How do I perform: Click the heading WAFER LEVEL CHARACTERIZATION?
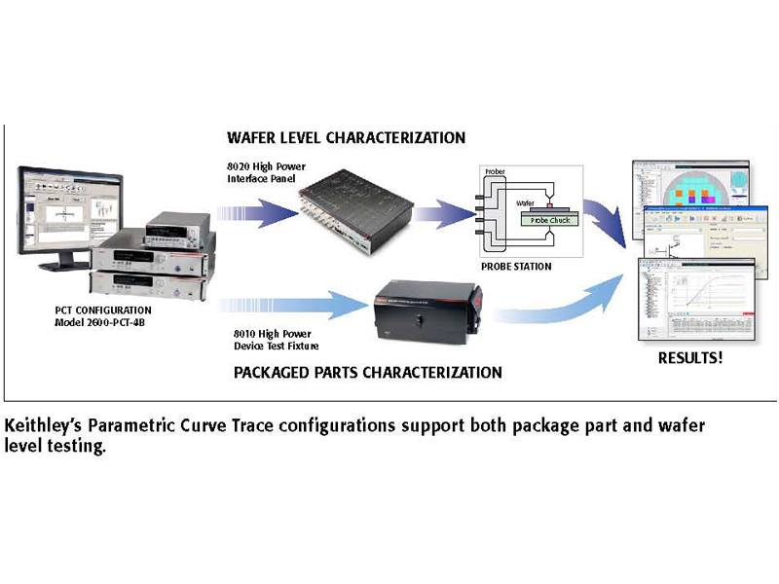tap(346, 137)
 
